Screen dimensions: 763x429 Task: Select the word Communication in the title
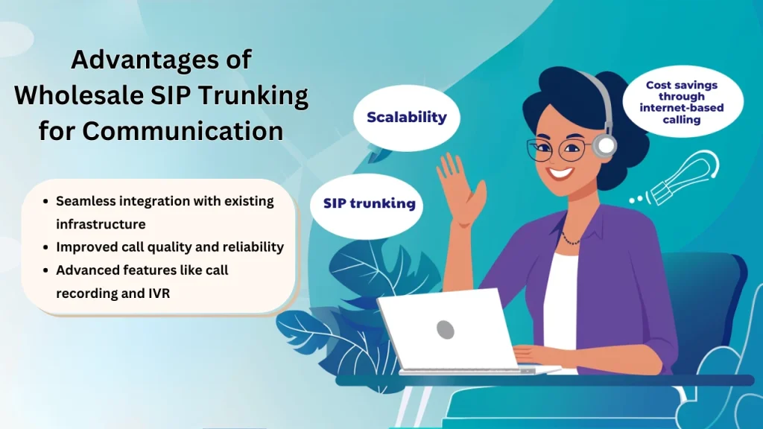click(x=183, y=130)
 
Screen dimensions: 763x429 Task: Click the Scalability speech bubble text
click(x=407, y=117)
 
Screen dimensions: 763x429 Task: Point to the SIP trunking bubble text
click(x=370, y=203)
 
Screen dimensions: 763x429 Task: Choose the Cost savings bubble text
click(x=682, y=102)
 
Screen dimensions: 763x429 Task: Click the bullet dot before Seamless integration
click(x=45, y=201)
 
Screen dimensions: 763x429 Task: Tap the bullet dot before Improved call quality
click(x=45, y=247)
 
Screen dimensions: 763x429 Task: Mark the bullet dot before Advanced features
click(x=45, y=270)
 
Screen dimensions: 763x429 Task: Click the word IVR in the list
click(x=159, y=293)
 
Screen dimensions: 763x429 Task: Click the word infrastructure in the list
click(x=101, y=224)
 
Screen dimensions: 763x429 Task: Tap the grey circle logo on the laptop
click(x=446, y=330)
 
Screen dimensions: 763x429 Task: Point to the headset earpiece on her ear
click(x=605, y=145)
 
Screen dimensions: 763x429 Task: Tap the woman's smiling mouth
click(x=560, y=173)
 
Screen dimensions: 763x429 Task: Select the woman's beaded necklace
click(x=570, y=239)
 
